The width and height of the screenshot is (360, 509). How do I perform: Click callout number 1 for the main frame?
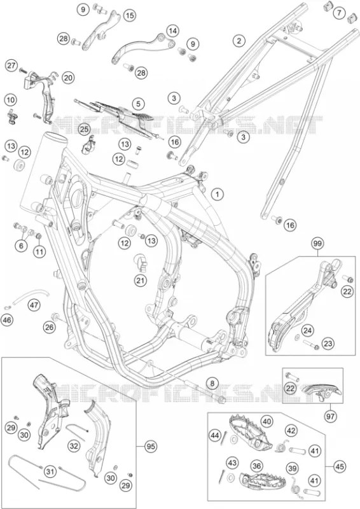[218, 195]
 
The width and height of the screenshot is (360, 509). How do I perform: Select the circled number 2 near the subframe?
[239, 41]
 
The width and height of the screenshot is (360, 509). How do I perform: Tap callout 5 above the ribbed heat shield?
[139, 104]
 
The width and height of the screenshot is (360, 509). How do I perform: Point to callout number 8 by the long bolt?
[212, 384]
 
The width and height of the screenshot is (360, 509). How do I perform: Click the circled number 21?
[141, 281]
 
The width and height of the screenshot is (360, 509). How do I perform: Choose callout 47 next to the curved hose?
[34, 305]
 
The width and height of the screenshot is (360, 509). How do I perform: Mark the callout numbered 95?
[150, 447]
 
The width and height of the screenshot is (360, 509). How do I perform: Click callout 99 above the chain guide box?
[318, 243]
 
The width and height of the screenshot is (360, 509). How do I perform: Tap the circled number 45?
[339, 466]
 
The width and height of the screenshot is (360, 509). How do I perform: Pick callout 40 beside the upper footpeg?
[267, 422]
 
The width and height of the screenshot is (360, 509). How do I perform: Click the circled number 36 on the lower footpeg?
[256, 466]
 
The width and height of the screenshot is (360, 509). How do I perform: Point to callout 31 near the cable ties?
[49, 471]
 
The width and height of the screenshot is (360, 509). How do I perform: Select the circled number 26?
[50, 328]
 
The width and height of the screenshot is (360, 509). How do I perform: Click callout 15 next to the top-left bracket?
[129, 15]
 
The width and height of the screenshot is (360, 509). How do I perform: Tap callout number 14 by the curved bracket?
[173, 31]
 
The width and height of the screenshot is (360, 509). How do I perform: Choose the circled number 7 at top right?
[340, 13]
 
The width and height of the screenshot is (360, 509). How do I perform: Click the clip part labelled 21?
[141, 262]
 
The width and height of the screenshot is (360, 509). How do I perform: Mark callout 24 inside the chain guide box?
[307, 331]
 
